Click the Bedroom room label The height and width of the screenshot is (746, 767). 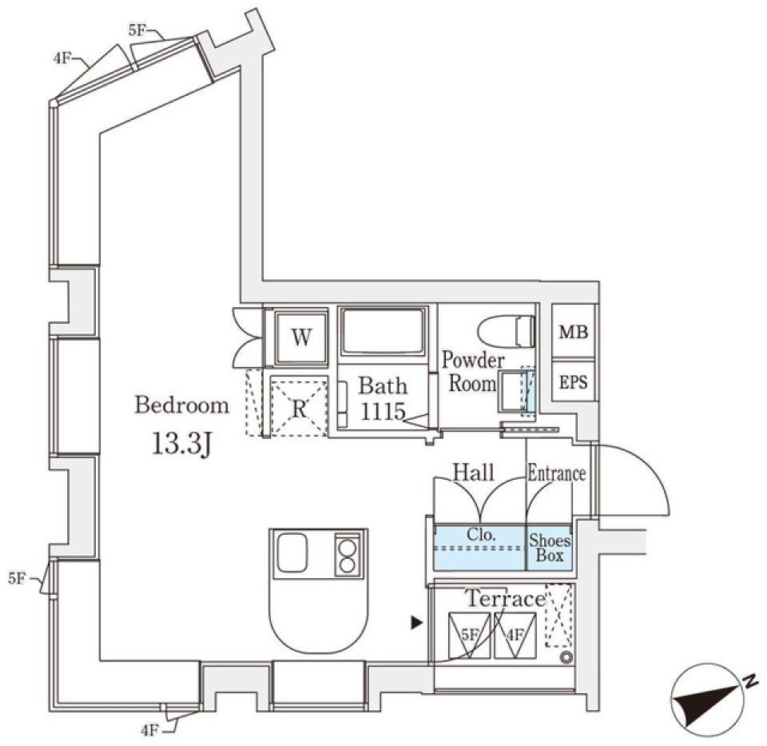[181, 405]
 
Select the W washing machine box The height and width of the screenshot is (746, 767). [300, 337]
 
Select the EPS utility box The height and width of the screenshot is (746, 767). [573, 382]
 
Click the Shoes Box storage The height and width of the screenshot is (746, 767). [550, 548]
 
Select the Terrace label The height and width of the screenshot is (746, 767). [505, 598]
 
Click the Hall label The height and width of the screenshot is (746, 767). [474, 472]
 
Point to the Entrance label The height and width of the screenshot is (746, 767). [556, 473]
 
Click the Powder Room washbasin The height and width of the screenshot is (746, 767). [511, 390]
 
